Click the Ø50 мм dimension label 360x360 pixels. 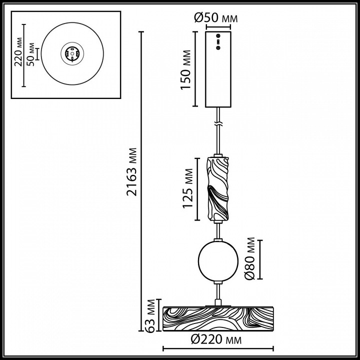[215, 19]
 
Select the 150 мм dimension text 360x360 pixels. [185, 69]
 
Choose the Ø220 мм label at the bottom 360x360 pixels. [215, 340]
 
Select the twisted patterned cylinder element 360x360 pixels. [218, 188]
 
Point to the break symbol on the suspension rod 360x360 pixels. [218, 122]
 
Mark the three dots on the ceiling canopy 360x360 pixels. [218, 42]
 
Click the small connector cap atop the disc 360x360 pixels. [218, 302]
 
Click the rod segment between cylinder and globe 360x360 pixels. [218, 230]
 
